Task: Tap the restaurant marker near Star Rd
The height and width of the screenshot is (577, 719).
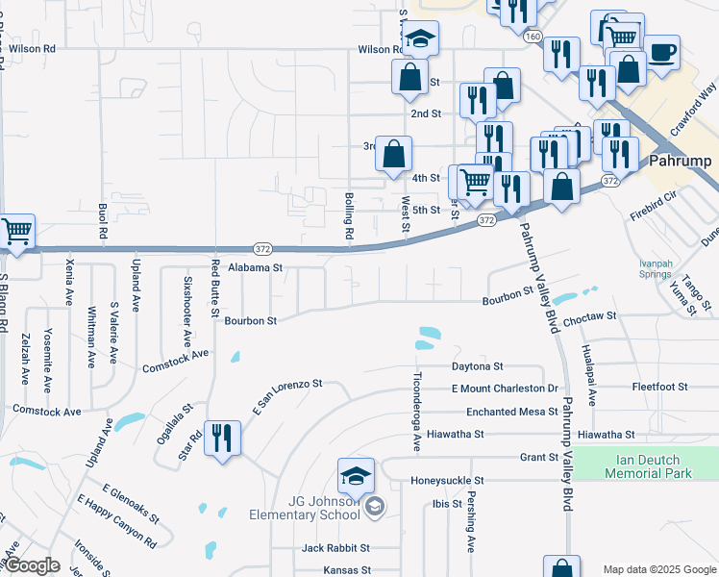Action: pyautogui.click(x=222, y=439)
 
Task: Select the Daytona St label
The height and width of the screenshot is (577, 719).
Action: pyautogui.click(x=478, y=366)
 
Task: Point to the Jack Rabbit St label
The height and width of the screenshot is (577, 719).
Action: pyautogui.click(x=335, y=547)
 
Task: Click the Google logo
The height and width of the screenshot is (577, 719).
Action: pyautogui.click(x=32, y=565)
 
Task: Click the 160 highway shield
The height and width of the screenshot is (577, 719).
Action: pyautogui.click(x=532, y=36)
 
